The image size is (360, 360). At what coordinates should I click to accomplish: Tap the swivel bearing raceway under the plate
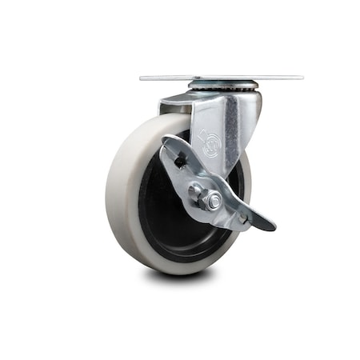coord(223,86)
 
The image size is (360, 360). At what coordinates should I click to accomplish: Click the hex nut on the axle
coord(212,199)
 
